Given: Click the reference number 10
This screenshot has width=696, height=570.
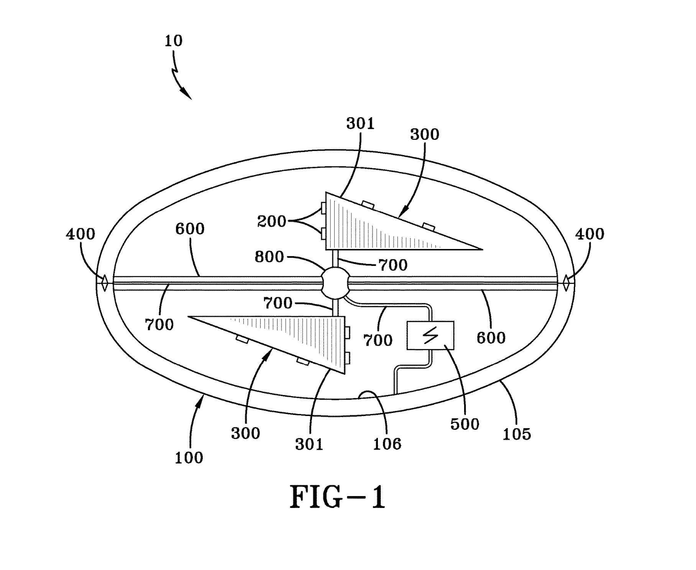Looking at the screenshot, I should (173, 41).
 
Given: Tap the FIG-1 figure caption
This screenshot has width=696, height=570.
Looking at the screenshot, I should (337, 497).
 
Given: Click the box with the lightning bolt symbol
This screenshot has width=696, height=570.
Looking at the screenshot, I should (430, 335).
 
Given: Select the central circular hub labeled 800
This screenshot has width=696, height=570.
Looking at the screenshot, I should (335, 283).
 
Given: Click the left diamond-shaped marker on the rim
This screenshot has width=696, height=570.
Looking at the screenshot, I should (104, 283).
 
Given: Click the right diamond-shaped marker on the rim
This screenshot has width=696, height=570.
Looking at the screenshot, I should (566, 283).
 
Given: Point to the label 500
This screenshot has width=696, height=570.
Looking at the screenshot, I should (465, 424).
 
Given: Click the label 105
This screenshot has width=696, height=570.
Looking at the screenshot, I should (516, 434).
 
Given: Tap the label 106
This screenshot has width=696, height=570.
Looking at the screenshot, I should (387, 444).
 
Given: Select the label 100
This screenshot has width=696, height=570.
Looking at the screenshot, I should (189, 458).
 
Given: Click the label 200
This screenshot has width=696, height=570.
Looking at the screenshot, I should (271, 221).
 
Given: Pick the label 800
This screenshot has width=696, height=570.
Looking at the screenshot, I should (269, 257).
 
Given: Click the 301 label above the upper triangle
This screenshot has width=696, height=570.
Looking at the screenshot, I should (360, 124).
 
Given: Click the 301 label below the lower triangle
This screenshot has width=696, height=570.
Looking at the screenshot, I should (309, 444).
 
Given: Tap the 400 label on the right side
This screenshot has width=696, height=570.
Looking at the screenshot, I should (590, 234).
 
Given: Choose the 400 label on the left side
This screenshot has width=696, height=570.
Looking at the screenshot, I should (80, 234).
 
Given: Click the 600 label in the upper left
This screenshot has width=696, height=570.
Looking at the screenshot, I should (190, 229).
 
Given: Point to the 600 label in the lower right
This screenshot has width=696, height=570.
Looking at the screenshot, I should (491, 338).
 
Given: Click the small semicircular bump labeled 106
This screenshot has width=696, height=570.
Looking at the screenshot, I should (366, 395).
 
